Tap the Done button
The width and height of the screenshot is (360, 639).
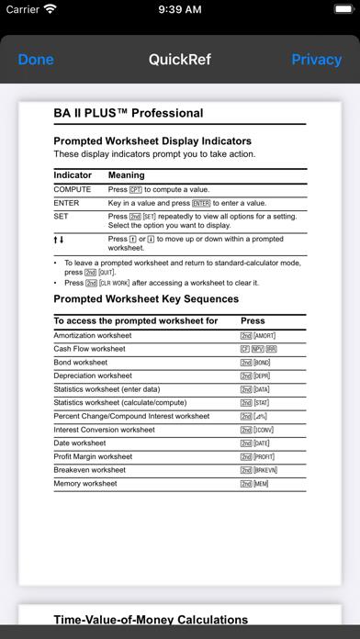(36, 60)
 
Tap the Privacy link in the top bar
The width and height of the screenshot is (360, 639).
(316, 60)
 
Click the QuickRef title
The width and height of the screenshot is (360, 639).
(180, 60)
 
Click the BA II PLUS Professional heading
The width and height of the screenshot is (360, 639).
(129, 114)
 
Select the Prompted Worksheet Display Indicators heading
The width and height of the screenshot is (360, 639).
(152, 141)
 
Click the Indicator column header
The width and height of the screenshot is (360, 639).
(73, 175)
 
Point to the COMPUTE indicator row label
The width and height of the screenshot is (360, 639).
(73, 189)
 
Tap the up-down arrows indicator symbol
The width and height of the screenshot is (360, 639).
(59, 240)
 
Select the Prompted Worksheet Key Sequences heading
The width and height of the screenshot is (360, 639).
(145, 299)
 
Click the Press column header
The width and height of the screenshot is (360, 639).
(253, 321)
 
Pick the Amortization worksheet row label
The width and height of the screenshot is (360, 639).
(93, 336)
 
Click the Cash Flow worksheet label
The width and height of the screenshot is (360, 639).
(90, 349)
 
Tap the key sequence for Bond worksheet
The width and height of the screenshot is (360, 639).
(257, 363)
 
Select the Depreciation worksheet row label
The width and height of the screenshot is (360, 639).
(93, 376)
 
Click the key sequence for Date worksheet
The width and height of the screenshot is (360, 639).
(257, 443)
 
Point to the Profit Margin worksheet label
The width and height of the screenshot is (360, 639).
(93, 456)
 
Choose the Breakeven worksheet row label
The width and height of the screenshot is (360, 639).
(89, 469)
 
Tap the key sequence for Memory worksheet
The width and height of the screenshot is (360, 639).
(256, 483)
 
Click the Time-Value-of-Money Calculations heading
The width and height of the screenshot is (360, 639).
(151, 620)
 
